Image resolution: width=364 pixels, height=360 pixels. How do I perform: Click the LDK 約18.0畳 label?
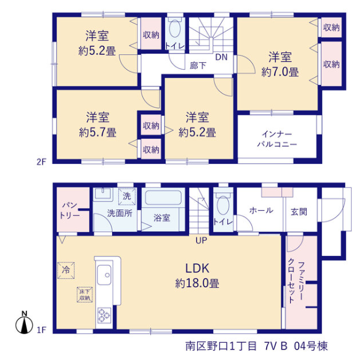coord(197,276)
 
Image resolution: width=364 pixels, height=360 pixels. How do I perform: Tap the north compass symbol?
coord(24,322)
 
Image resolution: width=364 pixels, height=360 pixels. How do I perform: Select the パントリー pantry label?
coord(70,210)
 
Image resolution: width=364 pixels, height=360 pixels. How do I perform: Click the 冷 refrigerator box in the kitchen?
coord(66,270)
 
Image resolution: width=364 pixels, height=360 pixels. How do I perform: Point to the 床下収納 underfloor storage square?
coord(85,295)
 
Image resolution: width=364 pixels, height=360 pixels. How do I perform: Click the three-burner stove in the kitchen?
coord(104,315)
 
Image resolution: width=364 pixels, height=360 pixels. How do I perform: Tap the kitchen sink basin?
coord(104,275)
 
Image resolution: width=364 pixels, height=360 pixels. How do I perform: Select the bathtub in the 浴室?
coord(163,198)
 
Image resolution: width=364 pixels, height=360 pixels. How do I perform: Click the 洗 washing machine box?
coord(127,197)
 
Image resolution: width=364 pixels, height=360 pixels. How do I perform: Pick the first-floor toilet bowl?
coord(223,205)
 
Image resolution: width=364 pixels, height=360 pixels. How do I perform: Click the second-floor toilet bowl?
coord(175,28)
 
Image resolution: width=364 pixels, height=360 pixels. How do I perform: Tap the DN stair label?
coord(221,57)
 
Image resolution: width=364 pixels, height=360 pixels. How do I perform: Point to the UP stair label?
coord(201,240)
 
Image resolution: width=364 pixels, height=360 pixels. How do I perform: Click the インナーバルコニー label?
coord(277,139)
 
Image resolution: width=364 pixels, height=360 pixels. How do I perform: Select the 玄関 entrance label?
coord(299,211)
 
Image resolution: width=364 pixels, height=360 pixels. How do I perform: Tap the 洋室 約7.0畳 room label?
coord(280,64)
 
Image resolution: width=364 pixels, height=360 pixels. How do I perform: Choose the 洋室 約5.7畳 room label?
coord(97,125)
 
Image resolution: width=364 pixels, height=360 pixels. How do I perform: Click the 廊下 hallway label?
coord(198,65)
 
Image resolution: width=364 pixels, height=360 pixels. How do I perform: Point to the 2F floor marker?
coord(41,162)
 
